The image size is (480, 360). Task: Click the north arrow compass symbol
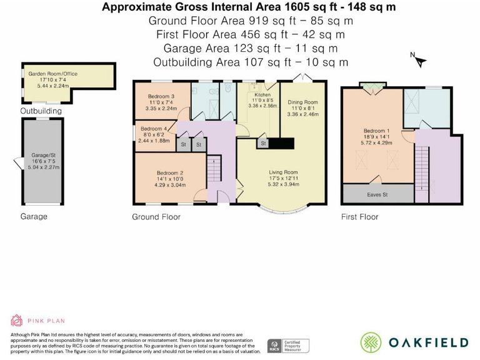click(x=419, y=60)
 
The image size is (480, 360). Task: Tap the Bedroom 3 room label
click(x=161, y=96)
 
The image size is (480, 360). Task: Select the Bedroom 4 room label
click(x=154, y=129)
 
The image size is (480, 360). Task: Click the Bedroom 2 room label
click(x=170, y=173)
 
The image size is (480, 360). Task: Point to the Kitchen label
click(x=262, y=94)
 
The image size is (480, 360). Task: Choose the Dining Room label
click(x=302, y=102)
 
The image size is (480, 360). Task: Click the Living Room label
click(x=283, y=172)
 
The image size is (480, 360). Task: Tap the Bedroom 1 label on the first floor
click(x=376, y=131)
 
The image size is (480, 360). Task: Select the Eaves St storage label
click(x=377, y=195)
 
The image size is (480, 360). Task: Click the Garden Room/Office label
click(x=53, y=74)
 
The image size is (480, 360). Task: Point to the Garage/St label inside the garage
click(x=44, y=155)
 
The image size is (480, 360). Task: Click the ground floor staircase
click(x=214, y=168)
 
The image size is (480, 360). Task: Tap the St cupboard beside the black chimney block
click(x=263, y=143)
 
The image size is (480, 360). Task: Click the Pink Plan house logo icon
click(x=16, y=321)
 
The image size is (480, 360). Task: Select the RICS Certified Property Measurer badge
click(x=288, y=346)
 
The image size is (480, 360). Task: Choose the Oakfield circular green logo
click(x=371, y=342)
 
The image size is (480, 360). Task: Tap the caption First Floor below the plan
click(x=360, y=217)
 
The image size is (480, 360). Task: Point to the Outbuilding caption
click(x=41, y=111)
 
